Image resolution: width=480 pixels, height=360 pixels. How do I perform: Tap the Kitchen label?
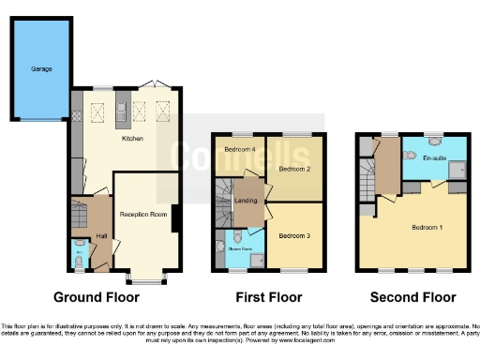click(133, 138)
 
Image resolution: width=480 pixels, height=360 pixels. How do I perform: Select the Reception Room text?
click(142, 214)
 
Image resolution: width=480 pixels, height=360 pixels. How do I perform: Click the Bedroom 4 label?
click(240, 150)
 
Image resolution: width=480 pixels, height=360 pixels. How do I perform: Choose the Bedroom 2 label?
click(294, 169)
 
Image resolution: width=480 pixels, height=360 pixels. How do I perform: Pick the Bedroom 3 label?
click(294, 235)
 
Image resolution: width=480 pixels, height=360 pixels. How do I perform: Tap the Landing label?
click(247, 200)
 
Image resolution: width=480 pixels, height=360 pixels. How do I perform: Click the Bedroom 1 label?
click(427, 227)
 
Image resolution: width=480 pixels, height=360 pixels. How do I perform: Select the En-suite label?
click(434, 159)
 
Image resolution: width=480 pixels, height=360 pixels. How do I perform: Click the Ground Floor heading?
click(97, 297)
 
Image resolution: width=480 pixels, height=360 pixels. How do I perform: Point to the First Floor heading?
click(269, 297)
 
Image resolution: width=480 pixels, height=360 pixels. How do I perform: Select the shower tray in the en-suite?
click(456, 170)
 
